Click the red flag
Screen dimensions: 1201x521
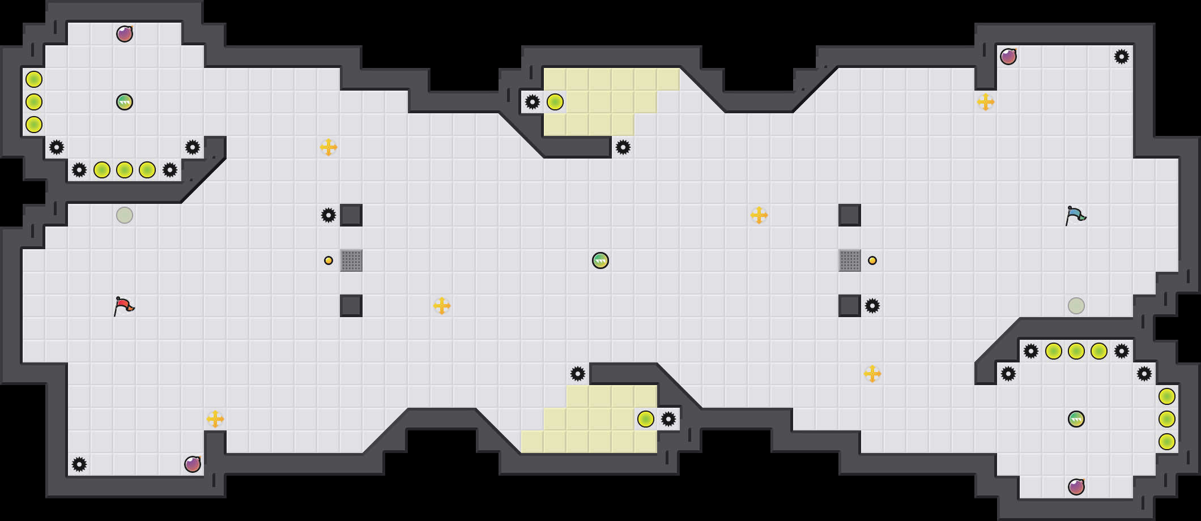point(123,306)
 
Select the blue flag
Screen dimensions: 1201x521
point(1075,216)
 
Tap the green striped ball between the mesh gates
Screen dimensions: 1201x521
point(600,260)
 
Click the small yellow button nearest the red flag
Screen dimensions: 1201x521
point(329,260)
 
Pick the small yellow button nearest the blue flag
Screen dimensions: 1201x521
point(872,260)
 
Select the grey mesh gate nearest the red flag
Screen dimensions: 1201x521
point(351,260)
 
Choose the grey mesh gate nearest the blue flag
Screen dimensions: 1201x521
point(850,260)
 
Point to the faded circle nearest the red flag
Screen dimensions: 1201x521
point(125,215)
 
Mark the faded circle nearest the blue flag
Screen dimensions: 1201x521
point(1076,306)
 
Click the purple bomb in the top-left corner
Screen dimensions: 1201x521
point(125,34)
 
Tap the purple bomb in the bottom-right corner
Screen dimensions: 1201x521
point(1076,487)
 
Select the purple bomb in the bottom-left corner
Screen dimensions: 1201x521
point(193,464)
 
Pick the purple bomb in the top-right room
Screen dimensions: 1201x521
point(1008,57)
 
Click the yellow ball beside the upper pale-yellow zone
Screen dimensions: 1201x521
point(555,102)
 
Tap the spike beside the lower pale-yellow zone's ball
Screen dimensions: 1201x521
point(668,419)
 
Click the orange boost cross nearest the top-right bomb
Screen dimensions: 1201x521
point(986,102)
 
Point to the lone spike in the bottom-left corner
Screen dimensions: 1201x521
point(79,464)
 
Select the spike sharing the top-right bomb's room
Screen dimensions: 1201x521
point(1122,57)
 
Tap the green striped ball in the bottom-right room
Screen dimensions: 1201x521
point(1076,419)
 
